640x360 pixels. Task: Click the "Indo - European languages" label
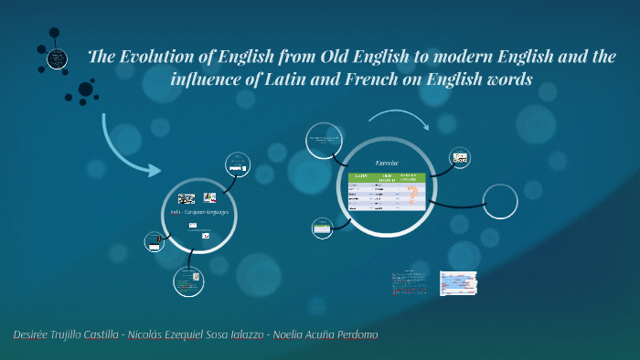(199, 212)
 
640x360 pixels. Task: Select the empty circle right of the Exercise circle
(500, 201)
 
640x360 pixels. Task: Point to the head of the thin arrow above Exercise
(427, 129)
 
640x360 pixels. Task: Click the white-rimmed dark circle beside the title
(58, 60)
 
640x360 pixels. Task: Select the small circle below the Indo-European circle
(187, 281)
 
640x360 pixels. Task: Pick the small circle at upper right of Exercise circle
(460, 158)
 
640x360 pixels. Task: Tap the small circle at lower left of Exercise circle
(323, 228)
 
